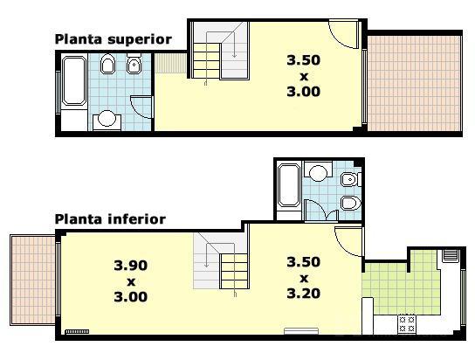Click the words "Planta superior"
coord(114,40)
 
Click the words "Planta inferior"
coord(110,219)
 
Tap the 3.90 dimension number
coord(131,266)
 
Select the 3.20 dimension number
coord(304,294)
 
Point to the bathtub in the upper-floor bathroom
coord(73,80)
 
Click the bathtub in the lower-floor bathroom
coord(289,185)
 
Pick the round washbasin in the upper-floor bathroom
coord(107,118)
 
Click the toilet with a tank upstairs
coord(134,63)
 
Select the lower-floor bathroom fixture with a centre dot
coord(351,179)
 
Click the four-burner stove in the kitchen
coord(407,324)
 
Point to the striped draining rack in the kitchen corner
coord(451,255)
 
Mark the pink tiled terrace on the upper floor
coord(414,84)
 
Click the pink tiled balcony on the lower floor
coord(32,280)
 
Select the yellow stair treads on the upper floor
coord(207,60)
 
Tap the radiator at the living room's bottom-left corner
coord(77,331)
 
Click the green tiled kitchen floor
coord(402,287)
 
